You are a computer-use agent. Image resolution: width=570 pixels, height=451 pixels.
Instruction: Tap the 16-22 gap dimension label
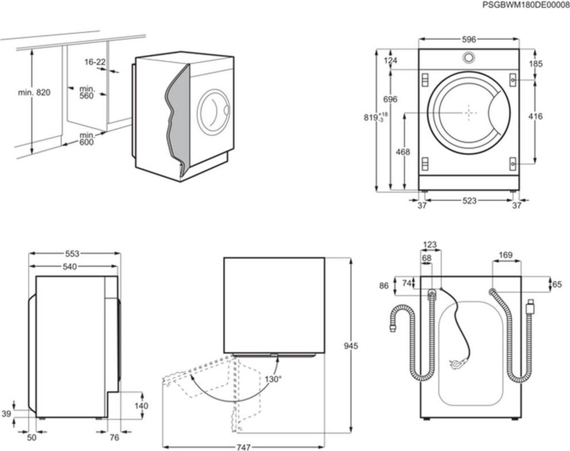95,62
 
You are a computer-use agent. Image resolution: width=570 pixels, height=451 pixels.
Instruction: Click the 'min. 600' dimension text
87,139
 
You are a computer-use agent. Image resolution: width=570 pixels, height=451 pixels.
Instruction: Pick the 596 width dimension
469,40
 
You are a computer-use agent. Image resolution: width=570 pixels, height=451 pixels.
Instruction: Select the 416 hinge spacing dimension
535,116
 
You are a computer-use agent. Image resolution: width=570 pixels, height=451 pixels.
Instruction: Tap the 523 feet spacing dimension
469,201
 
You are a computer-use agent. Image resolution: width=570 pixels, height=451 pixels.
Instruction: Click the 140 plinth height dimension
141,406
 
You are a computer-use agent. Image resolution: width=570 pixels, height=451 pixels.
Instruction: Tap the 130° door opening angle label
273,379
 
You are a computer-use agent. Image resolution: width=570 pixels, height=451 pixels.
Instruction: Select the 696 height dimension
391,100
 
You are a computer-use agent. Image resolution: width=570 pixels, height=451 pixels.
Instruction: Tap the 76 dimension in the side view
114,437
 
